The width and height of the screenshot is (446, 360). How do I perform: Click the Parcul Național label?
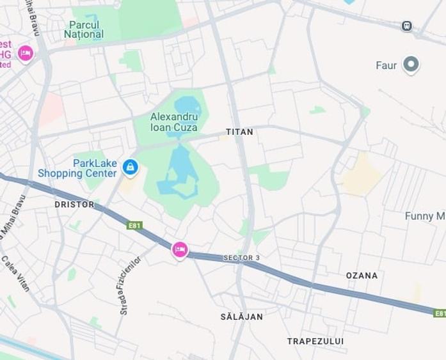84,29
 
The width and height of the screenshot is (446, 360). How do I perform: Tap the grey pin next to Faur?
411,65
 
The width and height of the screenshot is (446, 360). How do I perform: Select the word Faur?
386,65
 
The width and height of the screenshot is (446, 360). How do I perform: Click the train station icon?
406,26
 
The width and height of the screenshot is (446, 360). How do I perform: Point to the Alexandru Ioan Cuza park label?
174,121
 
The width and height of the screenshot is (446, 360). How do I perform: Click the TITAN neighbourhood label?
239,132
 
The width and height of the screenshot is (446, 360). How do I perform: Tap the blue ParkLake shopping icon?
130,168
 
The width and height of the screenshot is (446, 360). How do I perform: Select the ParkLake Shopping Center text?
77,168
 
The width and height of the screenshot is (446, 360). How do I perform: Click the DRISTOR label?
74,205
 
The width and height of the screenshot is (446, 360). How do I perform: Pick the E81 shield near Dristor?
134,226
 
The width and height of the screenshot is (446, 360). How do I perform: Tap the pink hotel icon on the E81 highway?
180,249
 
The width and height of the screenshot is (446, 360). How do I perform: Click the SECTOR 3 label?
242,258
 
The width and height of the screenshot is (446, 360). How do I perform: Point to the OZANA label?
362,276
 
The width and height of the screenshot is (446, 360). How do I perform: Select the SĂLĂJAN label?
241,317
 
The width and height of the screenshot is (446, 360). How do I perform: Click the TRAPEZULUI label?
315,341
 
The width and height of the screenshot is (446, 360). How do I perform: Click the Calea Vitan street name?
15,273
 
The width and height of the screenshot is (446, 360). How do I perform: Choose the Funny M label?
424,216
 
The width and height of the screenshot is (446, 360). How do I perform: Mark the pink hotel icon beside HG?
26,53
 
